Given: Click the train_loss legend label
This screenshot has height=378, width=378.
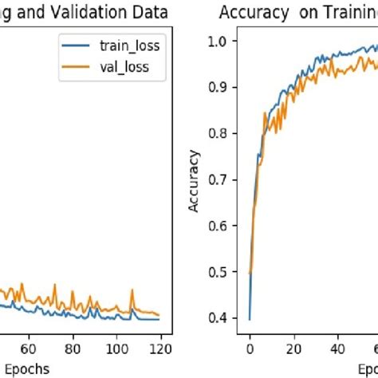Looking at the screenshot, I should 129,45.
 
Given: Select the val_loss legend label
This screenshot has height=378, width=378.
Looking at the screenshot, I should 124,69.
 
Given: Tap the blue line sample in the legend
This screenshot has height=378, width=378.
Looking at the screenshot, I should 80,46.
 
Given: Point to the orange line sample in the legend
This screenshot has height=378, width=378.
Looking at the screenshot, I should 80,69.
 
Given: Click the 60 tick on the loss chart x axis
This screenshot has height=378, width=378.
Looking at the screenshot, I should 29,347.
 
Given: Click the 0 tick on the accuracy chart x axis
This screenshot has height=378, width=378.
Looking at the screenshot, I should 250,347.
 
